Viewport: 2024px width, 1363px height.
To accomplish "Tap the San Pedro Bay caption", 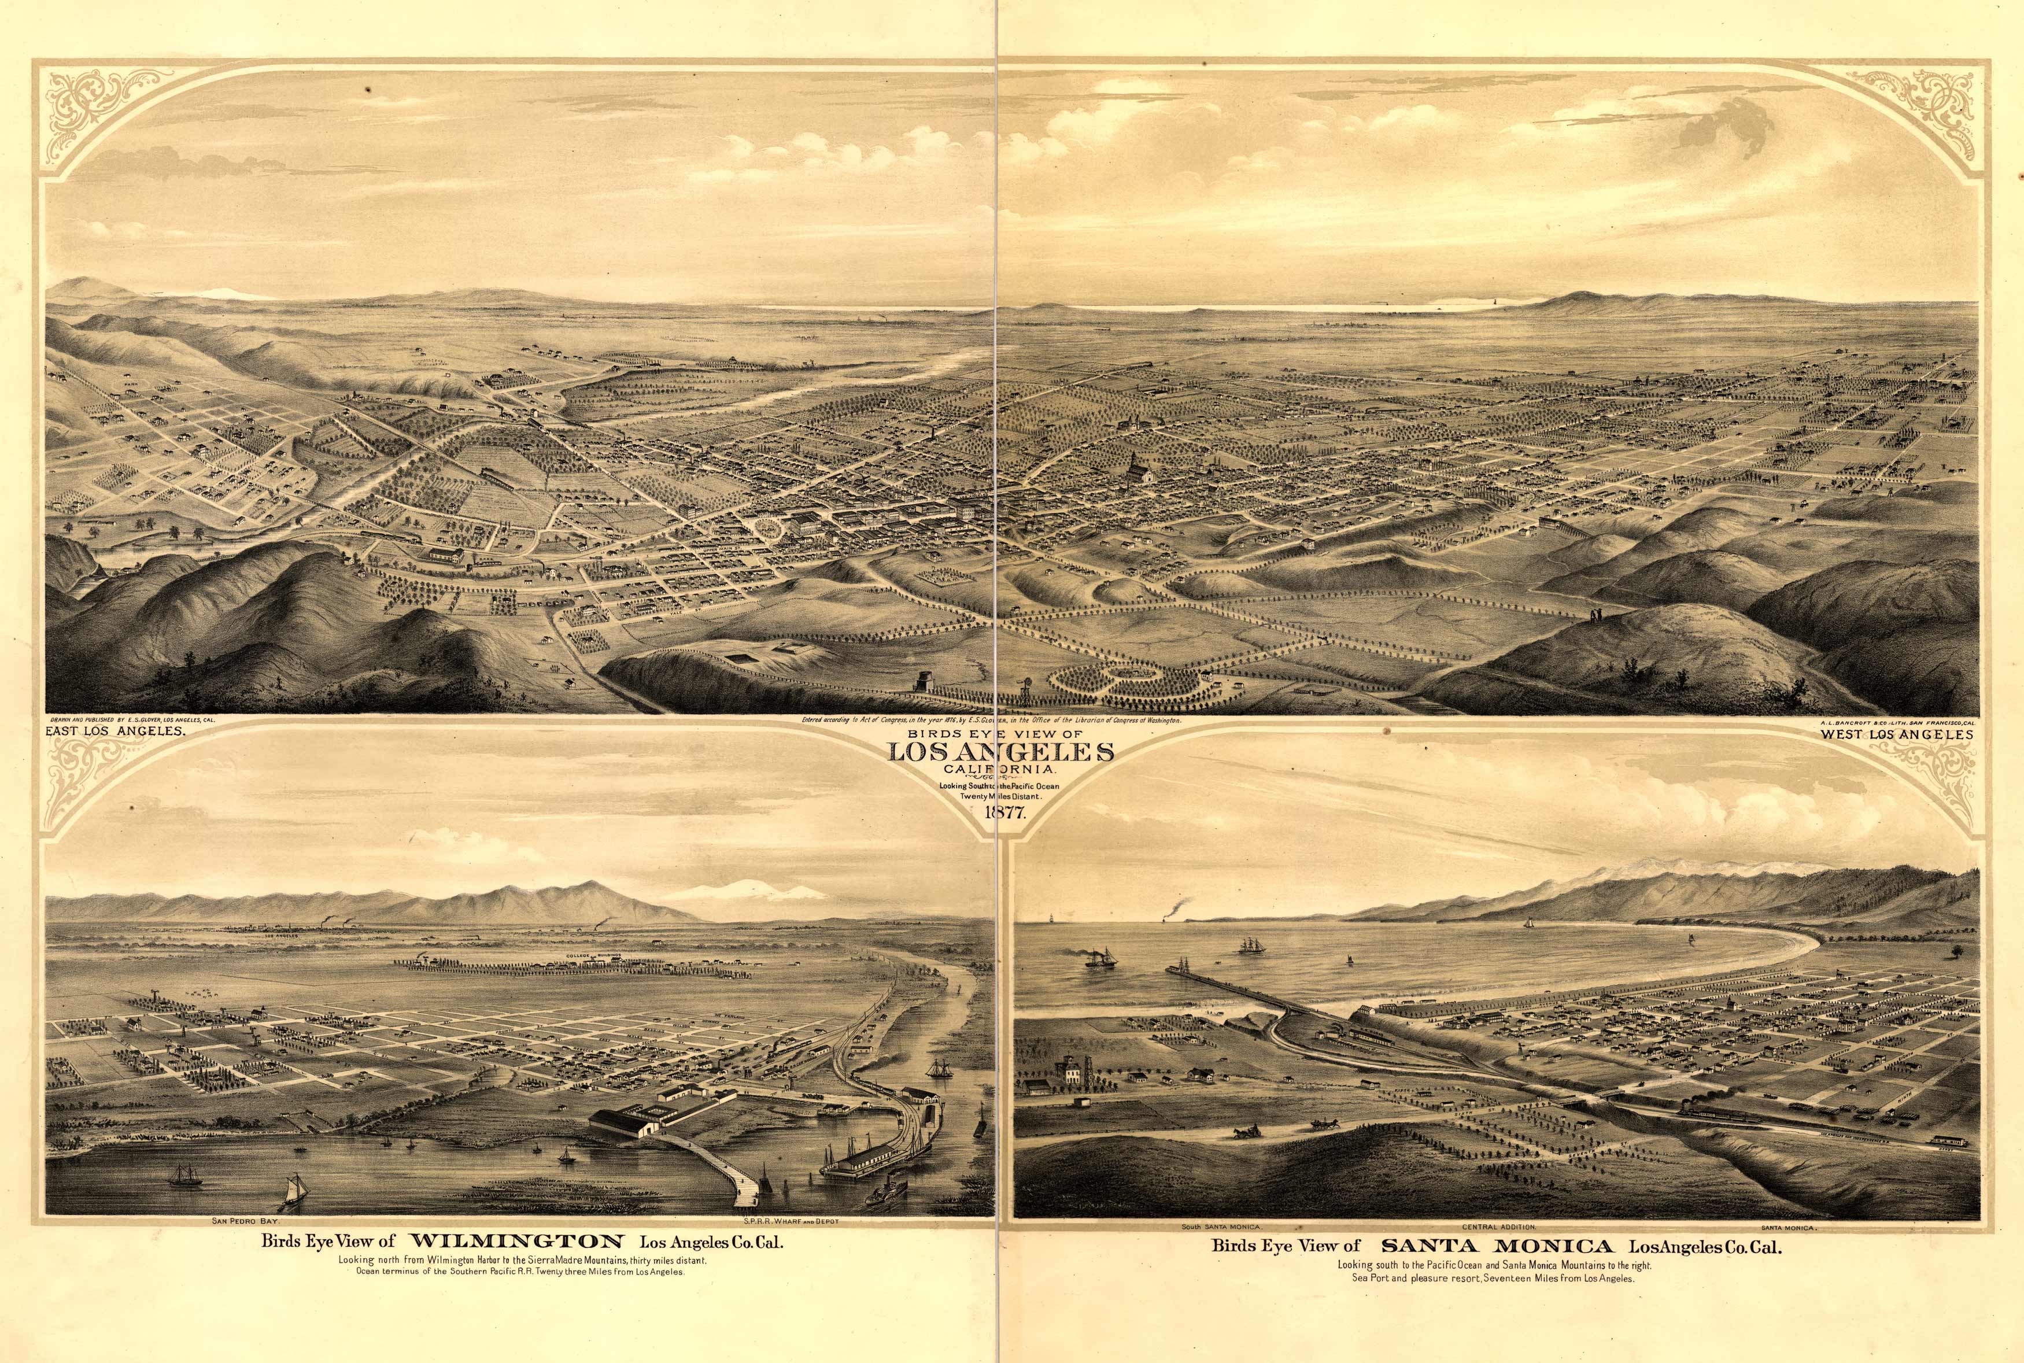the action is point(244,1220).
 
